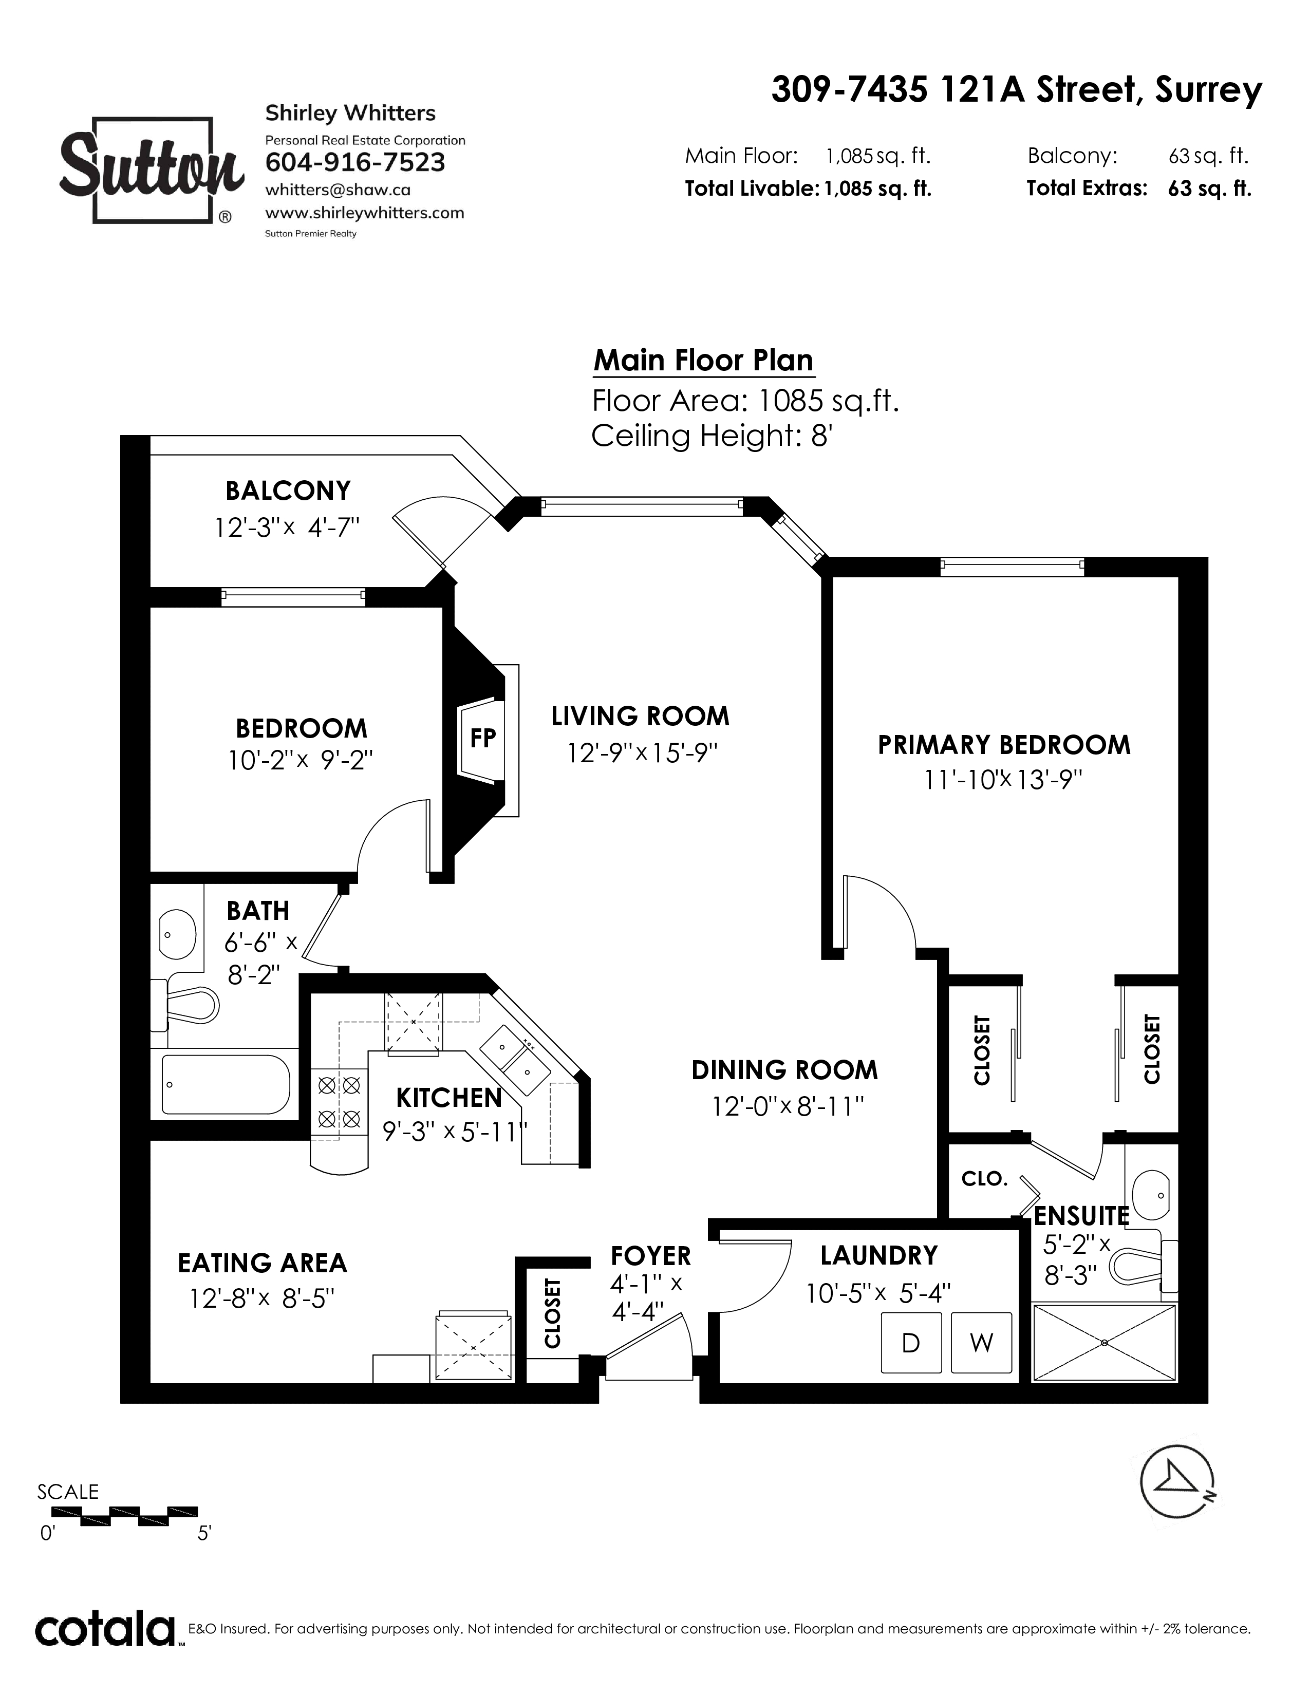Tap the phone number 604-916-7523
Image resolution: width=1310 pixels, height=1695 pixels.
tap(355, 162)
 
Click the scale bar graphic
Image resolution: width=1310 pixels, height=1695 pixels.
tap(124, 1513)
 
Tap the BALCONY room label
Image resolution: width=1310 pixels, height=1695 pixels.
tap(288, 491)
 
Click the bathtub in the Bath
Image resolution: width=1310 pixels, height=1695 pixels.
tap(226, 1084)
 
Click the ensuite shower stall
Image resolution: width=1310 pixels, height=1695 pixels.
tap(1105, 1343)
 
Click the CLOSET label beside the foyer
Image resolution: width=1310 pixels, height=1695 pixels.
tap(552, 1313)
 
